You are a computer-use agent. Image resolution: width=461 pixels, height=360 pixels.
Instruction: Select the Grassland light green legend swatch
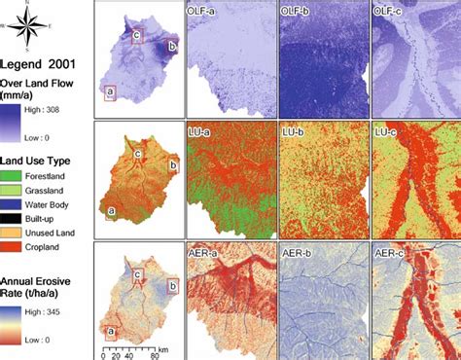14,191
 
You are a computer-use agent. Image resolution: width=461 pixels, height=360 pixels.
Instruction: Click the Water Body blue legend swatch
14,205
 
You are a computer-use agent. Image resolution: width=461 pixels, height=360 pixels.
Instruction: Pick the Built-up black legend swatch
14,220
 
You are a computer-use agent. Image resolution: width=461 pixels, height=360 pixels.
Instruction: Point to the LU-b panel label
294,129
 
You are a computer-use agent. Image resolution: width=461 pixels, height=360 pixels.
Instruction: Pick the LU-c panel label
387,129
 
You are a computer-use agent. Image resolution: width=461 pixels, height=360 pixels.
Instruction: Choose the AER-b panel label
298,250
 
